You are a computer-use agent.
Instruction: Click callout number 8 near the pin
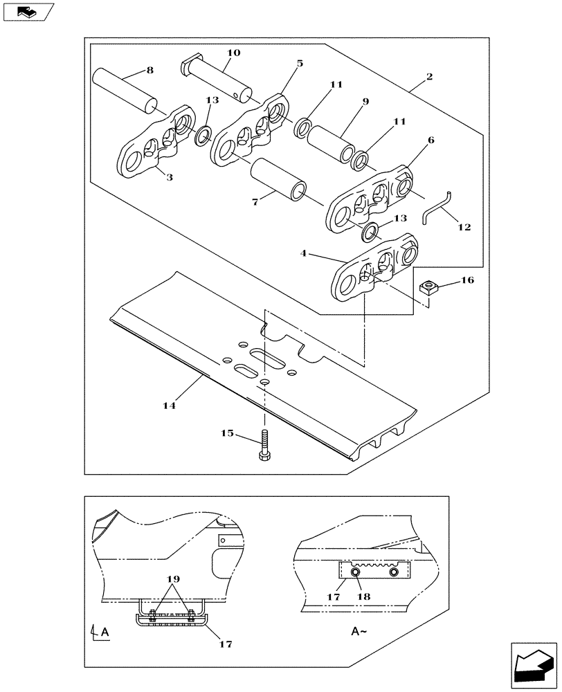pyautogui.click(x=149, y=70)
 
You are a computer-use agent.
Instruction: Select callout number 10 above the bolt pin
pyautogui.click(x=233, y=53)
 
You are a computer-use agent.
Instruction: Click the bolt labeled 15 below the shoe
pyautogui.click(x=264, y=447)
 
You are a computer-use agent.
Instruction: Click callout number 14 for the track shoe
pyautogui.click(x=170, y=406)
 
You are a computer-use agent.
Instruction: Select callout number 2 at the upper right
pyautogui.click(x=430, y=77)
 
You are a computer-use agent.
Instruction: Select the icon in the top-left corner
pyautogui.click(x=28, y=12)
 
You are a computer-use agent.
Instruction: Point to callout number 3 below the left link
pyautogui.click(x=169, y=178)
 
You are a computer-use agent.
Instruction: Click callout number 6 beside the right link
pyautogui.click(x=430, y=140)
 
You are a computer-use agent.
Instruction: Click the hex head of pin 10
pyautogui.click(x=189, y=68)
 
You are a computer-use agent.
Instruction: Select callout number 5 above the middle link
pyautogui.click(x=299, y=63)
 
